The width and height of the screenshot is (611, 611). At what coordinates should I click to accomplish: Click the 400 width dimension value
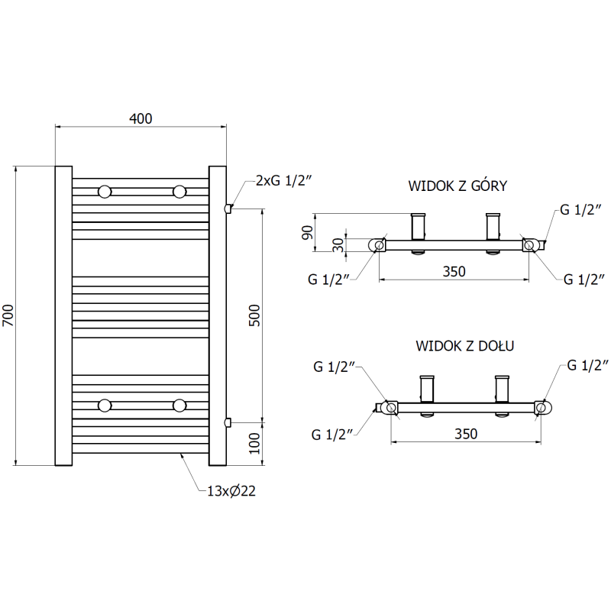click(x=141, y=118)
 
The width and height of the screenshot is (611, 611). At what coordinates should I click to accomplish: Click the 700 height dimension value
click(x=8, y=315)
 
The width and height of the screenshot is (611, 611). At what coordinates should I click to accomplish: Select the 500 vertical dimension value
click(x=254, y=315)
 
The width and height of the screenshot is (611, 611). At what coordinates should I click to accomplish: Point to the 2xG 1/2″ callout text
click(x=283, y=180)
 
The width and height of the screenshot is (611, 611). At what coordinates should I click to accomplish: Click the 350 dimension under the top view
click(x=453, y=270)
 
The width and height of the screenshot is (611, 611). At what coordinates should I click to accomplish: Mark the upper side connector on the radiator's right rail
click(x=227, y=208)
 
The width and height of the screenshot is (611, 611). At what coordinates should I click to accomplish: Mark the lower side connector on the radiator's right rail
click(x=227, y=422)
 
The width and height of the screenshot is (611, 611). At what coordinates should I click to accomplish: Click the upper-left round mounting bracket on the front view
click(x=104, y=190)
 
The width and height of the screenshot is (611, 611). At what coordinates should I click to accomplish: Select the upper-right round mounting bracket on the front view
click(x=179, y=190)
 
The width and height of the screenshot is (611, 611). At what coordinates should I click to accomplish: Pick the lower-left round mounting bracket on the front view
click(x=104, y=404)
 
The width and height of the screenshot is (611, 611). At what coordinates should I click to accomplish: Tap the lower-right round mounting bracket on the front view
click(x=179, y=404)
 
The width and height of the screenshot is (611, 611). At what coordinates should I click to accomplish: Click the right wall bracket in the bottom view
click(x=502, y=390)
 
